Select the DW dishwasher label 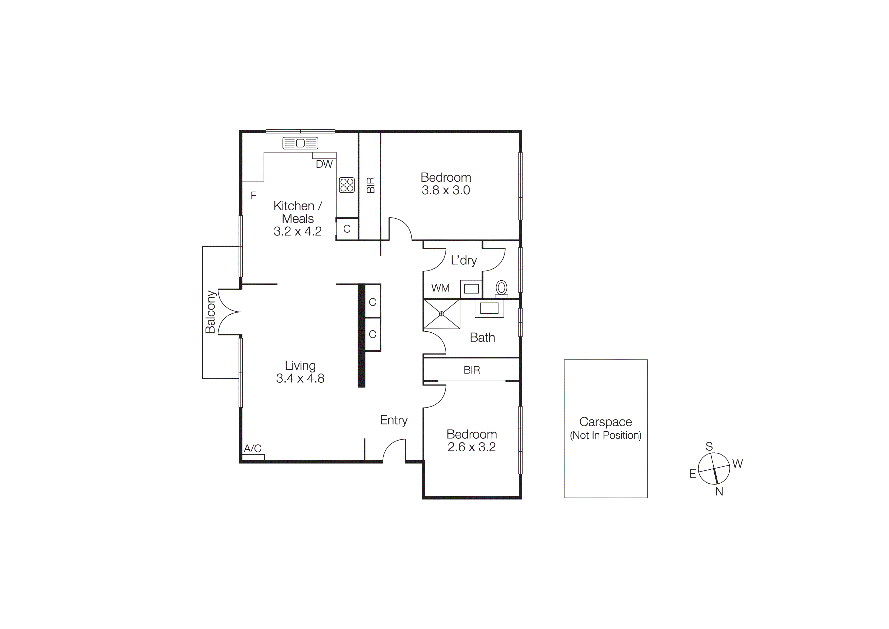pyautogui.click(x=324, y=164)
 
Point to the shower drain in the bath pyautogui.click(x=441, y=314)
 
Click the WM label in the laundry pyautogui.click(x=440, y=288)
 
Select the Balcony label pyautogui.click(x=210, y=312)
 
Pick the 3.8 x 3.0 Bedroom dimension pyautogui.click(x=446, y=190)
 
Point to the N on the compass pyautogui.click(x=719, y=491)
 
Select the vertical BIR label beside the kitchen pyautogui.click(x=371, y=185)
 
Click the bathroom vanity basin pyautogui.click(x=489, y=309)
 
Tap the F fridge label pyautogui.click(x=254, y=196)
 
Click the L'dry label pyautogui.click(x=464, y=260)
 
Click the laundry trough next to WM pyautogui.click(x=471, y=289)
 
